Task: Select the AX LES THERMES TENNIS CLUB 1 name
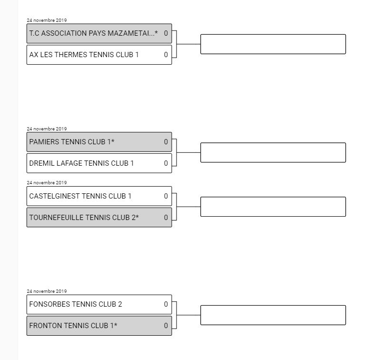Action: pyautogui.click(x=84, y=55)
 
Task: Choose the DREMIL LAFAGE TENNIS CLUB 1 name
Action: pyautogui.click(x=81, y=163)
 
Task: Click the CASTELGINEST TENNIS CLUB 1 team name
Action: pyautogui.click(x=80, y=196)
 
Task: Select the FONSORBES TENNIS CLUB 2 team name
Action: pyautogui.click(x=76, y=304)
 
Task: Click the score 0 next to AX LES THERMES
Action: pyautogui.click(x=166, y=55)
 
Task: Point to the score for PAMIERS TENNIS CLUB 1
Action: pyautogui.click(x=166, y=142)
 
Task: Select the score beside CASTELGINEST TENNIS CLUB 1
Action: pyautogui.click(x=166, y=196)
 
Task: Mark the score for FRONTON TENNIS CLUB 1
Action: pyautogui.click(x=166, y=326)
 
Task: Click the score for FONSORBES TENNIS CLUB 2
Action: pyautogui.click(x=166, y=304)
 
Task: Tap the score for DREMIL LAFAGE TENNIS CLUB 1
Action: pyautogui.click(x=166, y=163)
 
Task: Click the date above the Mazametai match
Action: pyautogui.click(x=47, y=20)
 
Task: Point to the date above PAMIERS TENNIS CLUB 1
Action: pyautogui.click(x=47, y=129)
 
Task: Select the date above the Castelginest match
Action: pyautogui.click(x=47, y=183)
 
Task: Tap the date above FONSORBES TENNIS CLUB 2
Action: pyautogui.click(x=47, y=291)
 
